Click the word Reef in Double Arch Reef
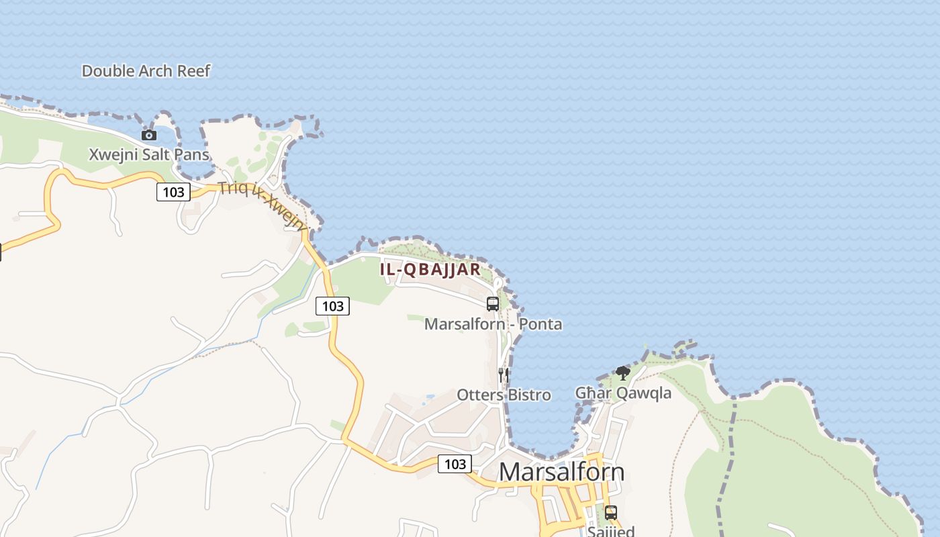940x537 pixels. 193,71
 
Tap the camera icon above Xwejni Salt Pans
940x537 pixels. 149,135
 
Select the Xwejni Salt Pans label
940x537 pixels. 149,155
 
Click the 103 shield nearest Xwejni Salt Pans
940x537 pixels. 173,192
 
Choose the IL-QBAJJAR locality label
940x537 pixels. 430,270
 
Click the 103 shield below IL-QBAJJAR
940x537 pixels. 332,306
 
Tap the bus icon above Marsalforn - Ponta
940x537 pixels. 493,303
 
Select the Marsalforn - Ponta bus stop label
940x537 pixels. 493,324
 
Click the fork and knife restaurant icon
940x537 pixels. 504,375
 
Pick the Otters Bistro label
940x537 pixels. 504,395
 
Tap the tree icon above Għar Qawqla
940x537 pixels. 622,373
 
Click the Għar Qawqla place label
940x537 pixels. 623,393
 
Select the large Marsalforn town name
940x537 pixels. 561,472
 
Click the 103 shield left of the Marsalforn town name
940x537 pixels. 455,464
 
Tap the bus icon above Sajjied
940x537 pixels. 610,512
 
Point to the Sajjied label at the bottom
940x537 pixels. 610,532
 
